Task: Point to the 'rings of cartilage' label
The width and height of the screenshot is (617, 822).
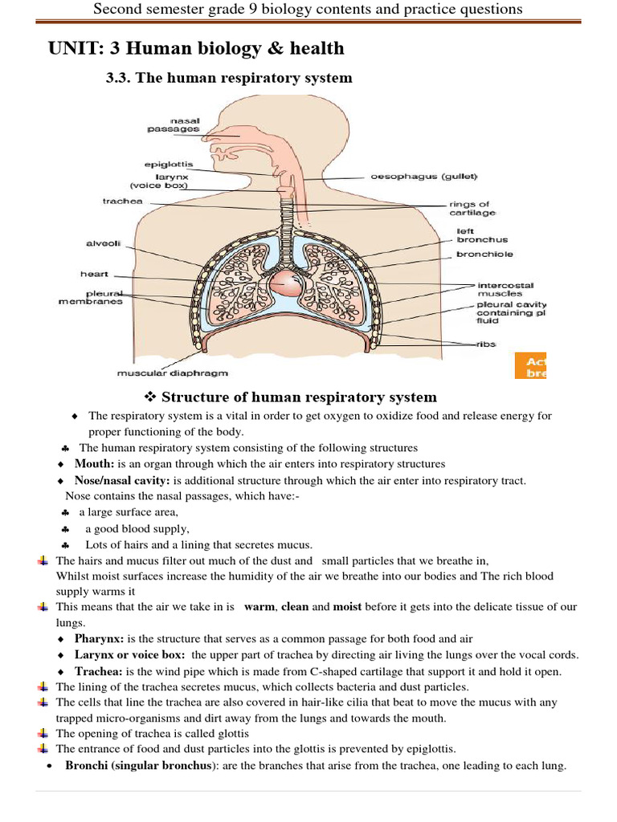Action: tap(473, 208)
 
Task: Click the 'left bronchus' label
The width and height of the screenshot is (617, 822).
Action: tap(482, 234)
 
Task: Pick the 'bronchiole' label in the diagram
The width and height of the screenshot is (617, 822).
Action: tap(484, 254)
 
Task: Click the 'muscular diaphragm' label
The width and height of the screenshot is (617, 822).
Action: tap(173, 372)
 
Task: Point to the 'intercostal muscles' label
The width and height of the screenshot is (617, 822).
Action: tap(505, 289)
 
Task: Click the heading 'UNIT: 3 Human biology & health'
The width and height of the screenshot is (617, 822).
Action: tap(197, 48)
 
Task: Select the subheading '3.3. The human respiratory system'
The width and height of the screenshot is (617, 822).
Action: tap(230, 78)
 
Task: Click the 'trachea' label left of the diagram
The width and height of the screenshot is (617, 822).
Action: tap(122, 201)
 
